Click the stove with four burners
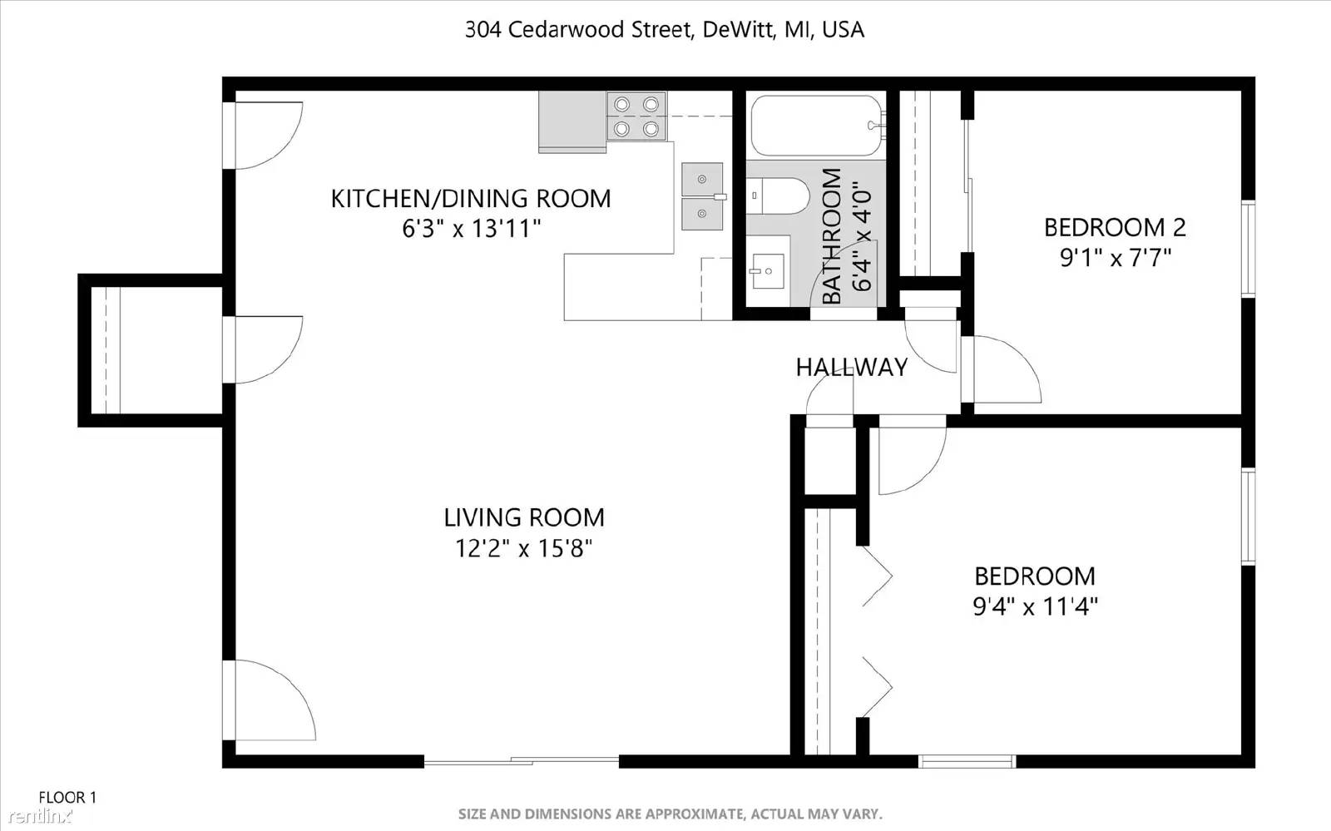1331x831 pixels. tap(636, 116)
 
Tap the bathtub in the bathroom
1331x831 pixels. tap(815, 126)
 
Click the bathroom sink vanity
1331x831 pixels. tap(767, 271)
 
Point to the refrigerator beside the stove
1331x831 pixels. tap(571, 121)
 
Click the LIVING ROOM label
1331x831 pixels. tap(523, 517)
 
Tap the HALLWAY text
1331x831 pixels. tap(851, 367)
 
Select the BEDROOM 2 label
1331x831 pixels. tap(1115, 227)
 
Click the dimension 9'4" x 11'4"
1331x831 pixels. tap(1035, 606)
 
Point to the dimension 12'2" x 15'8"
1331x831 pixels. tap(523, 548)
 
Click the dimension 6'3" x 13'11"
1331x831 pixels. tap(472, 228)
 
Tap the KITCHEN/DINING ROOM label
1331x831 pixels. tap(471, 198)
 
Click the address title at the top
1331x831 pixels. tap(665, 30)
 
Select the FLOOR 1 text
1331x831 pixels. tap(67, 797)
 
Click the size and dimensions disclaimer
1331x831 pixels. tap(670, 814)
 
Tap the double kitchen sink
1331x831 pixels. tap(702, 196)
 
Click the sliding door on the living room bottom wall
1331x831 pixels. tap(522, 760)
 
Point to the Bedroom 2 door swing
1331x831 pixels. tap(1002, 370)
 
